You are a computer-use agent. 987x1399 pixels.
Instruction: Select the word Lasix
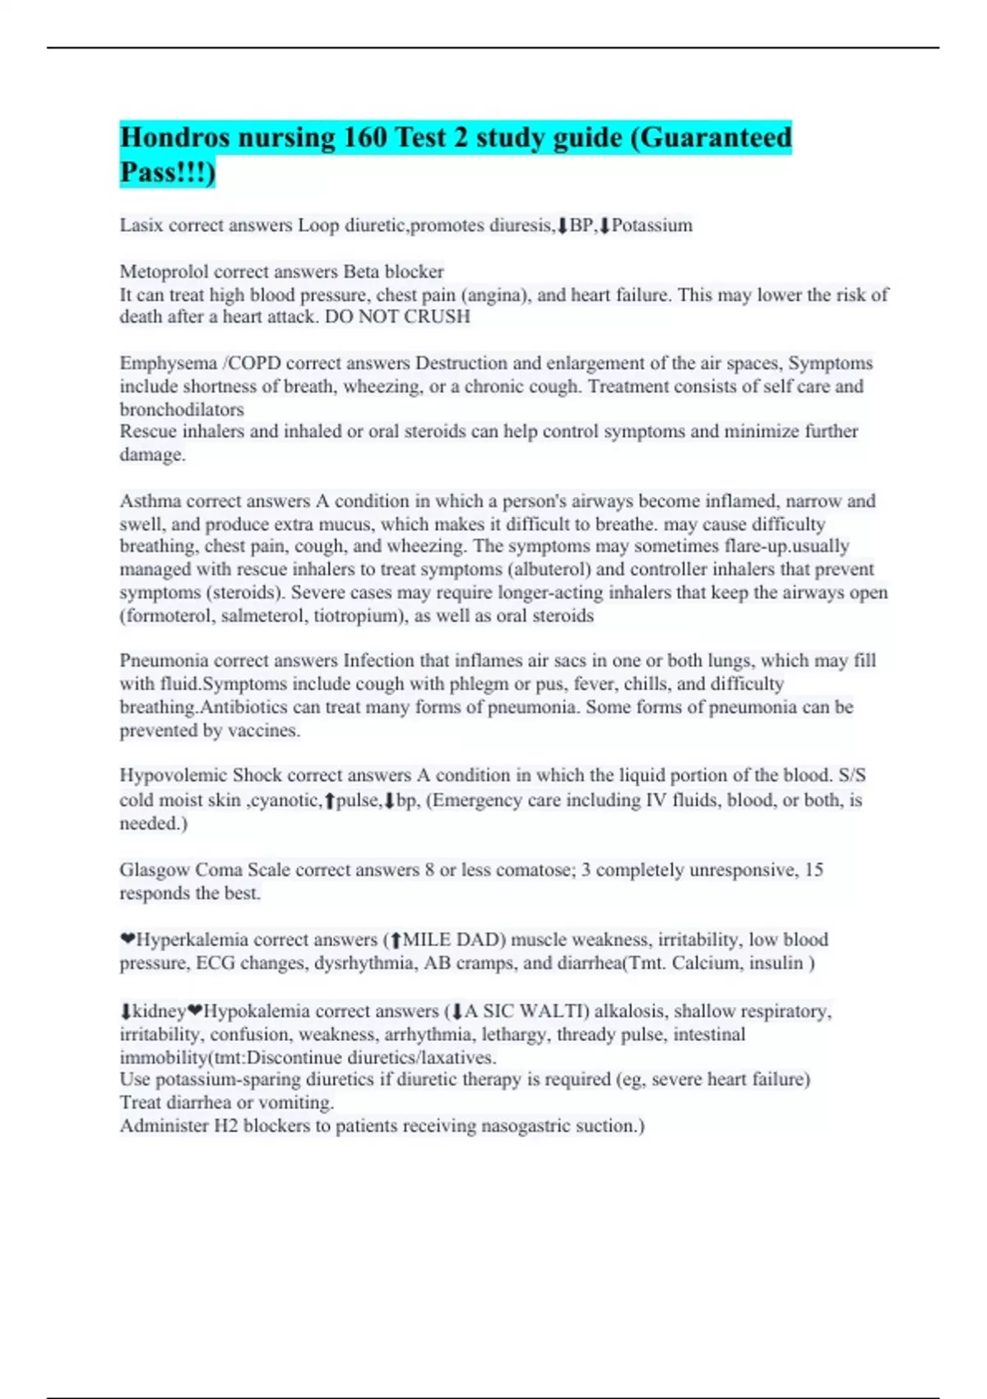click(x=141, y=225)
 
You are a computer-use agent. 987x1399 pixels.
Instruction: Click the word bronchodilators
click(x=182, y=410)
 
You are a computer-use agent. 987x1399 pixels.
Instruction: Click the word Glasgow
click(x=154, y=870)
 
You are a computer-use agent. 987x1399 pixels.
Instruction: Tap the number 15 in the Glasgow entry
click(x=813, y=870)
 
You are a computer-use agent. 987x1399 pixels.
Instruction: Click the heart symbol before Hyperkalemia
click(x=127, y=940)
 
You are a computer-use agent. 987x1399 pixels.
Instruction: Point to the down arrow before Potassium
click(x=605, y=225)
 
